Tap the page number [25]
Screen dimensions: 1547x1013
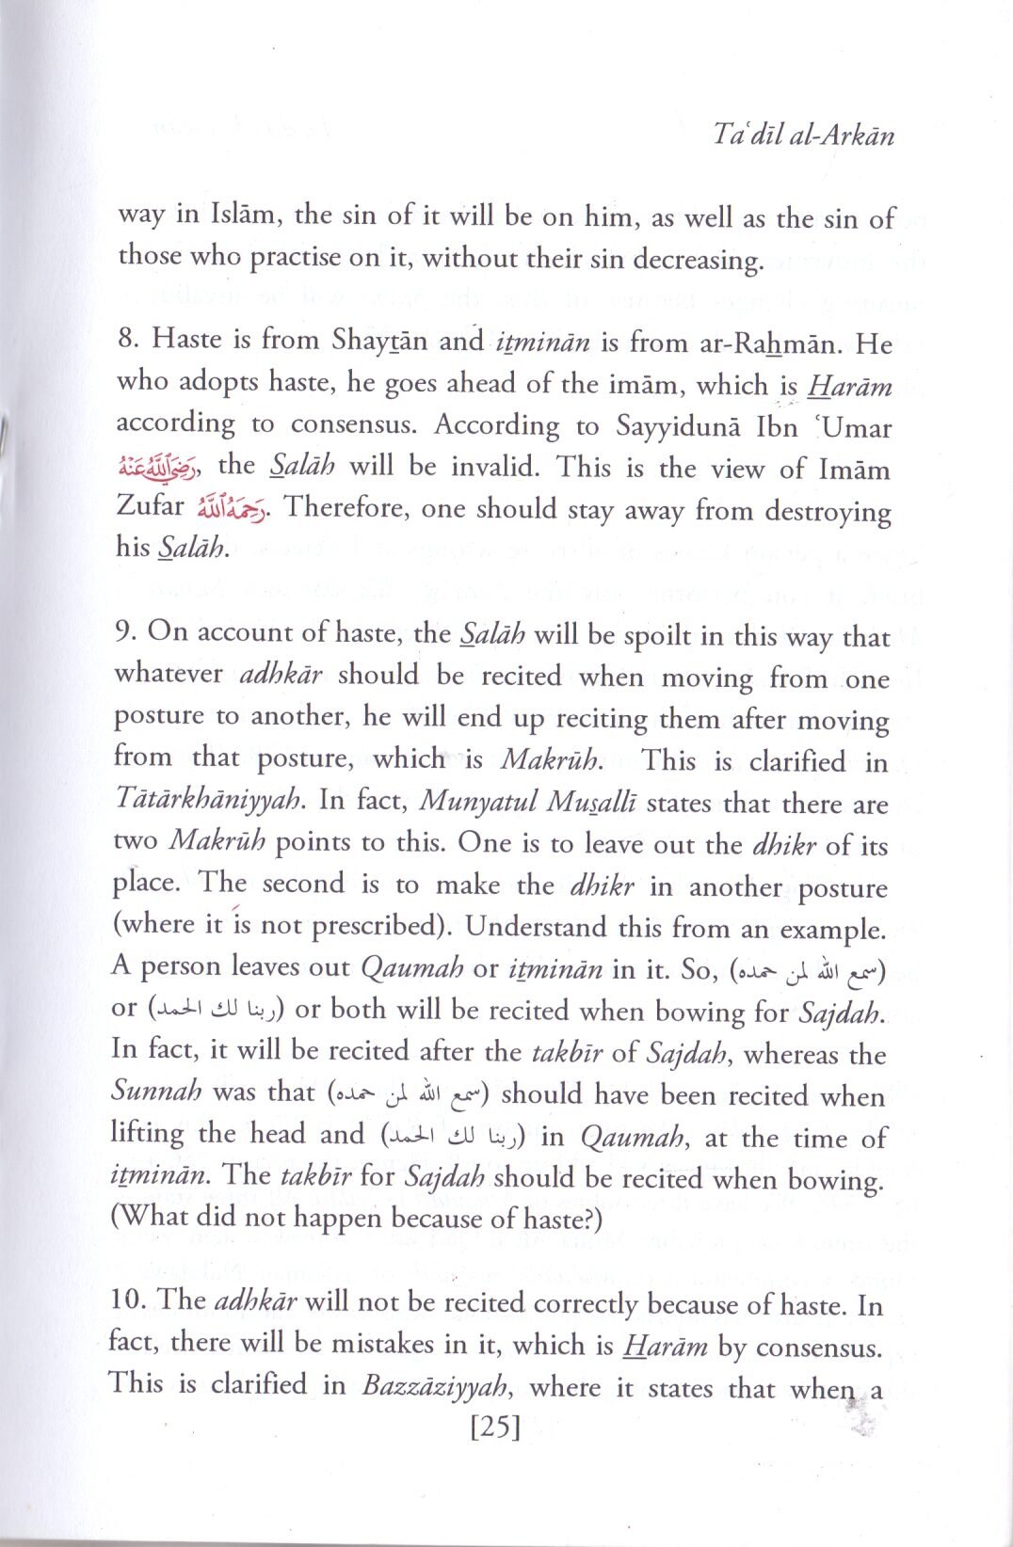tap(495, 1427)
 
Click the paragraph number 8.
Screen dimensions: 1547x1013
tap(129, 339)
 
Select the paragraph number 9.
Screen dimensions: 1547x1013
tap(127, 631)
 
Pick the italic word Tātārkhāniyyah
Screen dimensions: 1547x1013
tap(208, 800)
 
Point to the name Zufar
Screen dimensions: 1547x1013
tap(151, 506)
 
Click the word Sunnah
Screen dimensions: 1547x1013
tap(156, 1091)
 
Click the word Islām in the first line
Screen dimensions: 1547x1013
tap(240, 215)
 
